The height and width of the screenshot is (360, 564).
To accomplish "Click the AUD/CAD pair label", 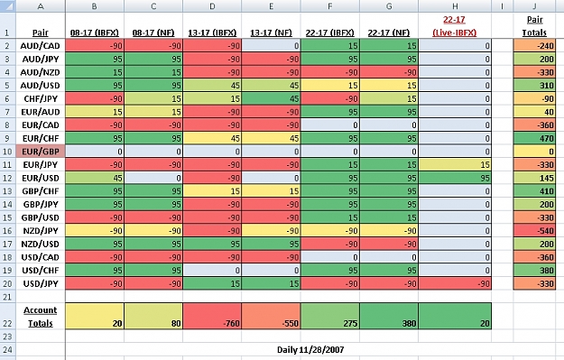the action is coord(40,46).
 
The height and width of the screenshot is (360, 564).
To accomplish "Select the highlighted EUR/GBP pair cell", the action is coord(41,152).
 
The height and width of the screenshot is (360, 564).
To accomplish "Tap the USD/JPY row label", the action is coord(41,283).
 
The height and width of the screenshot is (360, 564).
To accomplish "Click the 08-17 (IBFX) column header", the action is coord(95,32).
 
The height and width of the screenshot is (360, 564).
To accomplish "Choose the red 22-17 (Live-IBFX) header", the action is coord(455,26).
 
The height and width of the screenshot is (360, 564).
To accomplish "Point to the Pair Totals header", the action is coord(534,26).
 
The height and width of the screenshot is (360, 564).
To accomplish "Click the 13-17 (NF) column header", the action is coord(271,32).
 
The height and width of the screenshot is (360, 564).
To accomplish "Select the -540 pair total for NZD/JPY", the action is coord(534,231).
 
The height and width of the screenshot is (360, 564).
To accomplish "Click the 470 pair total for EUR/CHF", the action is coord(534,138).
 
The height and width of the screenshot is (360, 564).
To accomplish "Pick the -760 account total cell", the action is coord(212,316).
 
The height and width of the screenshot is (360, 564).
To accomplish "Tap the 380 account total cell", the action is coord(389,316).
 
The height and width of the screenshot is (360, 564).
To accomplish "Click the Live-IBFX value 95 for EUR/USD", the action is coord(455,178).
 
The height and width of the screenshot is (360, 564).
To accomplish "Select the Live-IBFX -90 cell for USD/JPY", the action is coord(455,283).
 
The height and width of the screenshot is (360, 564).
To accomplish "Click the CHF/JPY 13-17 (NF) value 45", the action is coord(271,98).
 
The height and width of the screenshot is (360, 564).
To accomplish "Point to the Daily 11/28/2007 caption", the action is coord(310,349).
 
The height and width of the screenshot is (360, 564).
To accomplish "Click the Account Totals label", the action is coord(41,317).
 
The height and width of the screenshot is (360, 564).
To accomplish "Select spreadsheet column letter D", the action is coord(212,6).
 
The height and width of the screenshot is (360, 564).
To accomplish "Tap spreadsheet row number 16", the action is coord(7,231).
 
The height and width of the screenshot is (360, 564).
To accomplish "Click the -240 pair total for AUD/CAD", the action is coord(534,46).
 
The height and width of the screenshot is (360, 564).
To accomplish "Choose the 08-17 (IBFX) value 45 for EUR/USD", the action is coord(95,178).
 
